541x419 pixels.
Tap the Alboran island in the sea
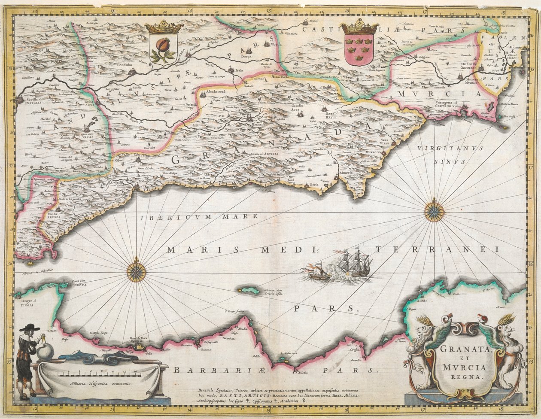click(x=250, y=291)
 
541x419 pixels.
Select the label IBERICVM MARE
click(x=198, y=217)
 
